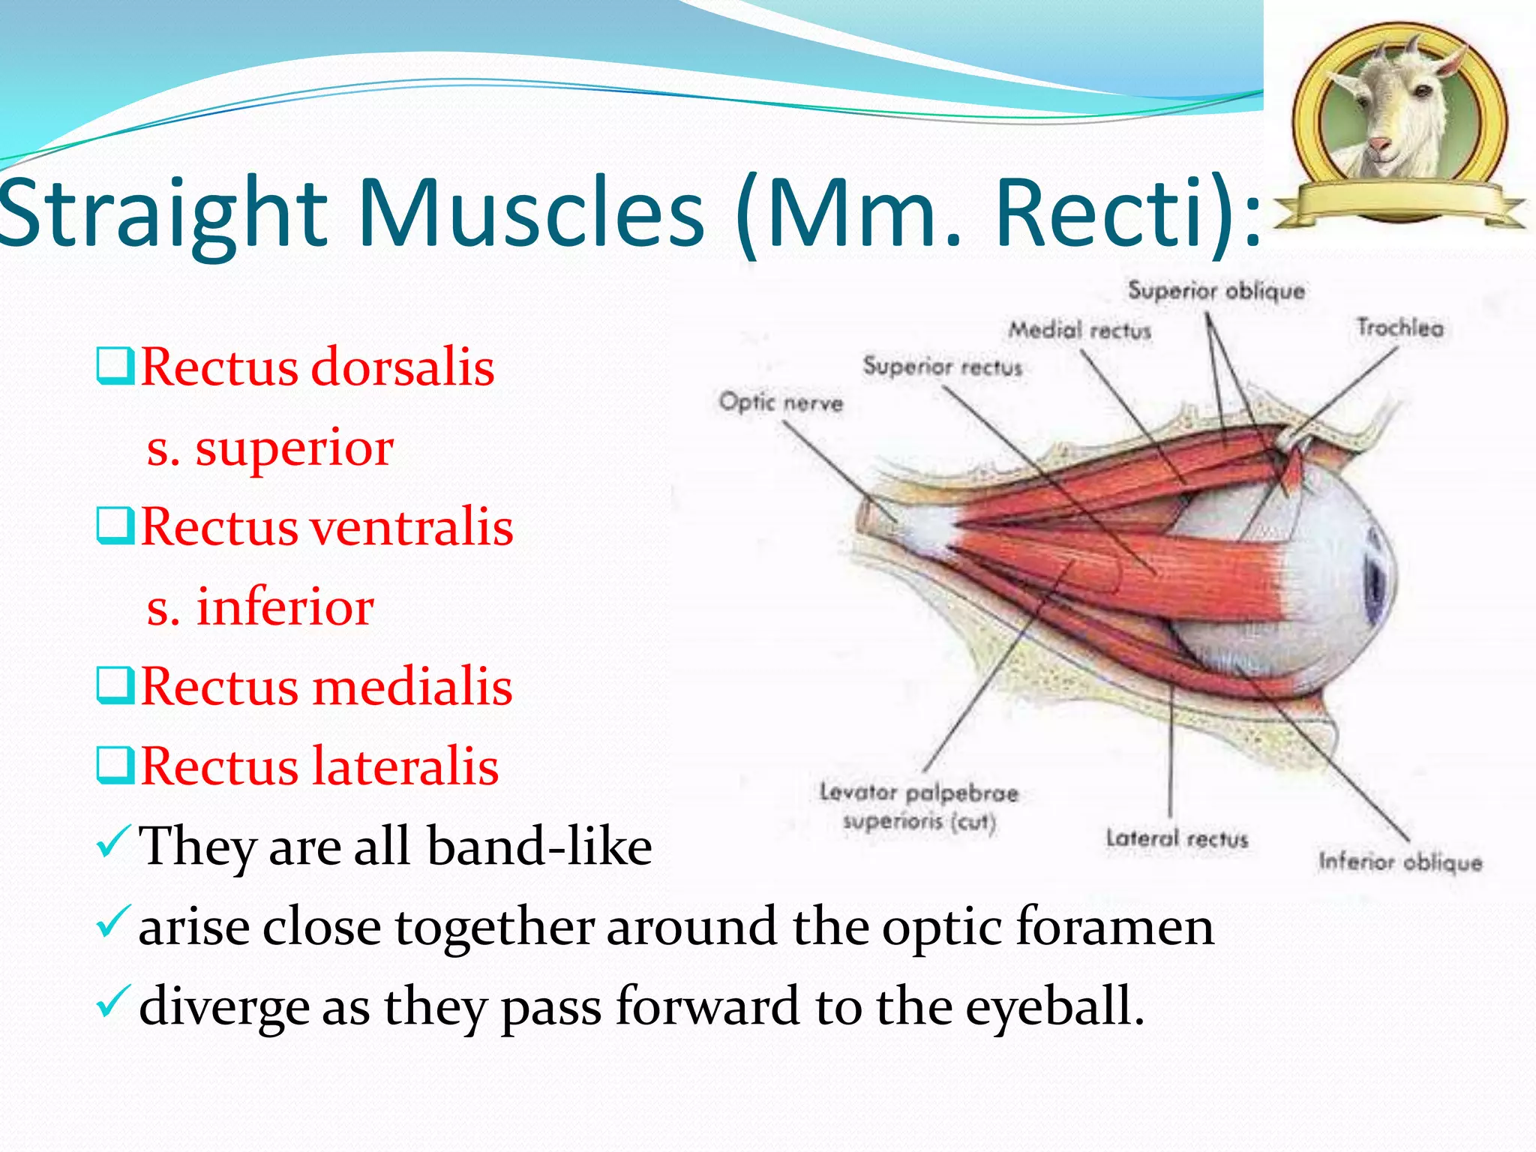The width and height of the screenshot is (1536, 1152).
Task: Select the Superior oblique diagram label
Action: click(1216, 291)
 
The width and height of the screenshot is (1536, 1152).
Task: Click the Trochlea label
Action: click(1399, 328)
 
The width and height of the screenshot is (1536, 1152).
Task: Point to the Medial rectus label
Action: click(1079, 330)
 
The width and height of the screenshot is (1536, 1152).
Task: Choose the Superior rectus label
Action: click(942, 367)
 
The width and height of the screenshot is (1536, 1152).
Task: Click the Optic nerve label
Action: click(781, 403)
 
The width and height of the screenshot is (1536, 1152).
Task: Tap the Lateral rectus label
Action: click(1177, 838)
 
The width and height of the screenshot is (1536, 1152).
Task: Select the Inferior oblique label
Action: click(1400, 862)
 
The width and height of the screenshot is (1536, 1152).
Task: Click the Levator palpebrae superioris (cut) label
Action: click(919, 807)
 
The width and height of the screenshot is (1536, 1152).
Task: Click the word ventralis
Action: click(412, 526)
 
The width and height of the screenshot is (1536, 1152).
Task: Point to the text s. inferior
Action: click(260, 607)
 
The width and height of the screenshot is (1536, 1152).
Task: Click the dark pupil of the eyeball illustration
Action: click(1377, 585)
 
